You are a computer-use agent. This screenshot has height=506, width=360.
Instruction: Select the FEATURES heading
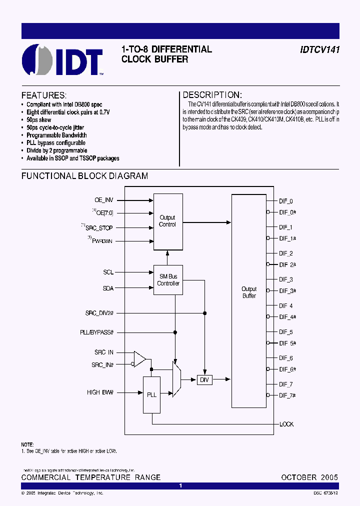click(43, 95)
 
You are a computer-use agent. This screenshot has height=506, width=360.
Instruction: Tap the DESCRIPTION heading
click(212, 95)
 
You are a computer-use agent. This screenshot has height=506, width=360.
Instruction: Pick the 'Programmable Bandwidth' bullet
click(56, 135)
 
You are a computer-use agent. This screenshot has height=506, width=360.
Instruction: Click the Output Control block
click(167, 221)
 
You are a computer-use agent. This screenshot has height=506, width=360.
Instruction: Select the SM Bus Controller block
click(168, 280)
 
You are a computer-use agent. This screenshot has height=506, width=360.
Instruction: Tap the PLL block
click(152, 394)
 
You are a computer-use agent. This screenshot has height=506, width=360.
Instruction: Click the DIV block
click(204, 380)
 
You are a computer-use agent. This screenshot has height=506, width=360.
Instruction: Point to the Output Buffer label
click(249, 292)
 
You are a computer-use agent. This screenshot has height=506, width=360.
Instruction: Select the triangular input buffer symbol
click(140, 358)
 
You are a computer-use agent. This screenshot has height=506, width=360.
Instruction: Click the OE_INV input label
click(104, 200)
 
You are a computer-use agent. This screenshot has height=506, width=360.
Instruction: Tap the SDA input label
click(108, 288)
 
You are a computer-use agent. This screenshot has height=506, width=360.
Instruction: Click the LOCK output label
click(286, 424)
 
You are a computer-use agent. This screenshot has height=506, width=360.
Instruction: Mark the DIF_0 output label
click(286, 201)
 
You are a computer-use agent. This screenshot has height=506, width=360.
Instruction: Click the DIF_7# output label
click(287, 395)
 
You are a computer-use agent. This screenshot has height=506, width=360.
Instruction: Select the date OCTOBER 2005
click(309, 477)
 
